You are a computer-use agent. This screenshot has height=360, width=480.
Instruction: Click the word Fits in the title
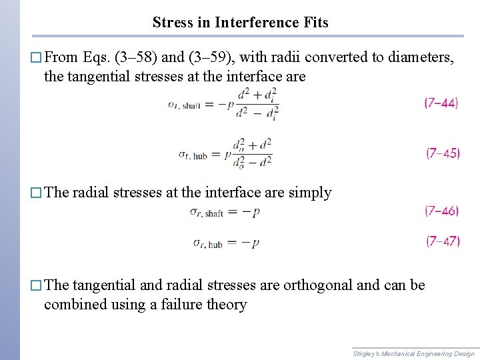coord(315,23)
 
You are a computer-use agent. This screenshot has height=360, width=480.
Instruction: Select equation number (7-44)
coord(441,103)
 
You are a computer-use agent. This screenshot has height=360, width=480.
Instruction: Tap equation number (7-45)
coord(443,153)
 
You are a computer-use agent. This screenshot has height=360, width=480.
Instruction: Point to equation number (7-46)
coord(441,211)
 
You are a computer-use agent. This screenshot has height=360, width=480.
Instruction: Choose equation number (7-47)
coord(443,241)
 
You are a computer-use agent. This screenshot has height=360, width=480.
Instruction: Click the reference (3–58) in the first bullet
coord(138,57)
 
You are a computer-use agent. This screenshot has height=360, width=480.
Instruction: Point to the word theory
coord(228,305)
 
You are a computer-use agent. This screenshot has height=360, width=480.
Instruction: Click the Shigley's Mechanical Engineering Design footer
coord(413,353)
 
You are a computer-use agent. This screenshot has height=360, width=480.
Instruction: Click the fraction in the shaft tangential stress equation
coord(256,105)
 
